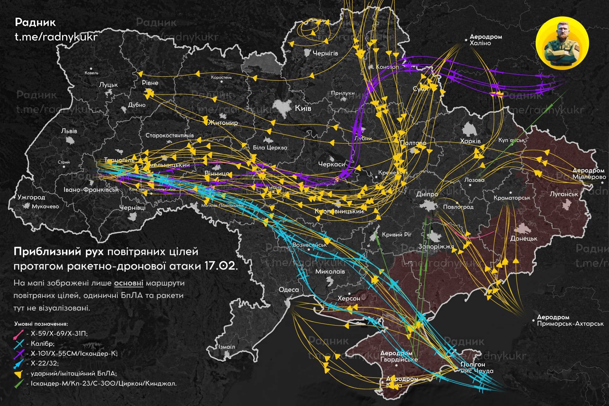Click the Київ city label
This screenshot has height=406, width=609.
(303, 108)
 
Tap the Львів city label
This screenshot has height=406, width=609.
(69, 131)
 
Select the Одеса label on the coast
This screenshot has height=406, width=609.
(289, 290)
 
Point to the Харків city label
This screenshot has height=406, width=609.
(470, 141)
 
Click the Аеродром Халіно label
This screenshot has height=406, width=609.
(485, 40)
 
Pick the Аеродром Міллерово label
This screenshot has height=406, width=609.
(588, 174)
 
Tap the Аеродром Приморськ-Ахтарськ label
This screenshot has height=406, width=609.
(570, 321)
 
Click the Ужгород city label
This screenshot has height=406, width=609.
(31, 197)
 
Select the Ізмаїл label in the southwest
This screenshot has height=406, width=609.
(227, 347)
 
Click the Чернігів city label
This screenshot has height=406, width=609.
(325, 53)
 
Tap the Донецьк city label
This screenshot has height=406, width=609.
(524, 238)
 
